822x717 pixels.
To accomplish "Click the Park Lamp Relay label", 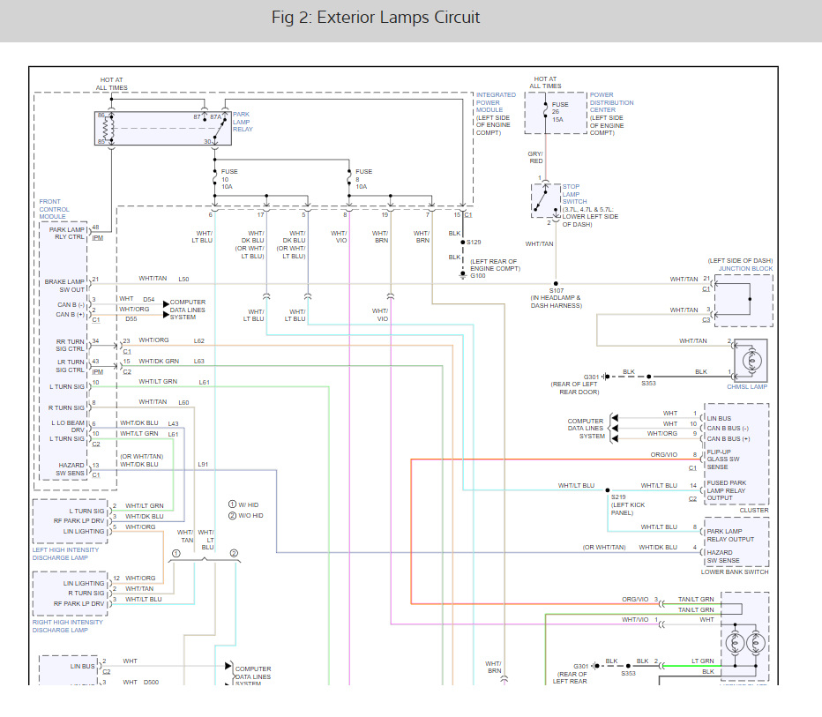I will (x=243, y=122).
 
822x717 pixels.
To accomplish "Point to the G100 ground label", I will (x=477, y=276).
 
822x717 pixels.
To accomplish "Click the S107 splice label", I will (x=557, y=290).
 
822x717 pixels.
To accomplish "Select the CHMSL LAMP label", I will (x=747, y=386).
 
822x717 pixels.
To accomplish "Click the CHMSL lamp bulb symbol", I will (x=752, y=362).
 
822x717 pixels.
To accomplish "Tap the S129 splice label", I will (x=474, y=242).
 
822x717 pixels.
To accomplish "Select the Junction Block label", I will (x=744, y=269).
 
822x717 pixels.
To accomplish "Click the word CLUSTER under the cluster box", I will (x=754, y=510).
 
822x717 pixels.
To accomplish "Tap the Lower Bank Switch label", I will (x=734, y=571).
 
